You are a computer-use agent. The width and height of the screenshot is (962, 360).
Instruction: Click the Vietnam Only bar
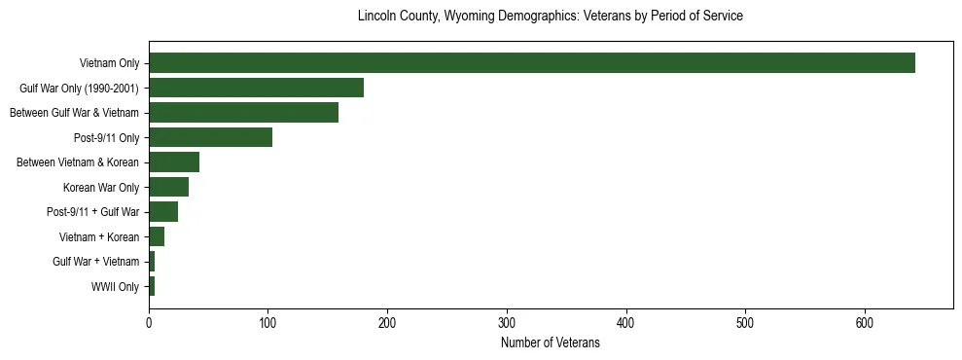click(532, 63)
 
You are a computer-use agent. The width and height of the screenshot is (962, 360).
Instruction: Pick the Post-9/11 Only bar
click(210, 137)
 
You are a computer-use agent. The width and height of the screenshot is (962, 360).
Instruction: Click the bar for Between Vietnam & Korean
click(174, 162)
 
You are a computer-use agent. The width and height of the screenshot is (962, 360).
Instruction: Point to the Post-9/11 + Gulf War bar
click(163, 212)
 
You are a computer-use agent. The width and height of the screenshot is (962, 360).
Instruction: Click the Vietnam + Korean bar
click(157, 236)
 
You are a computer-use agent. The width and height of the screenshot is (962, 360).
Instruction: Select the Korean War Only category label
click(101, 187)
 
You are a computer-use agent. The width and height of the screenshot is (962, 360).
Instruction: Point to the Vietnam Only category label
click(109, 63)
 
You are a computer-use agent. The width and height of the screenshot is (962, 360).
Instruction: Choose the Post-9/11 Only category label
click(106, 137)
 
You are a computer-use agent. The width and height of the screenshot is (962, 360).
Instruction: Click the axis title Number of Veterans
click(550, 343)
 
